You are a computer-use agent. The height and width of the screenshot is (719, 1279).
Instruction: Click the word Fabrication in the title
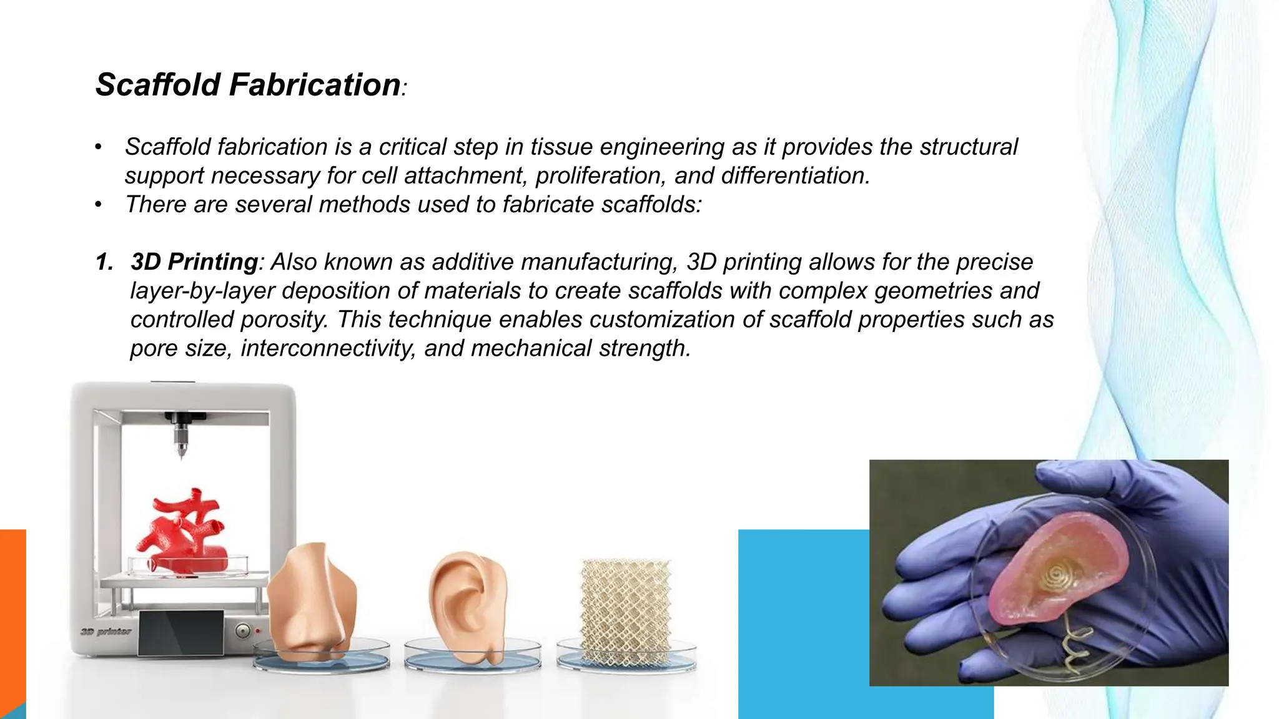[315, 85]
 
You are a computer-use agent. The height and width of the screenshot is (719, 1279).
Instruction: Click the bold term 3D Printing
[194, 262]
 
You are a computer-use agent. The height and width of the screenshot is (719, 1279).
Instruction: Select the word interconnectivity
[328, 348]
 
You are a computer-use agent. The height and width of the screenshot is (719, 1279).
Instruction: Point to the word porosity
[284, 320]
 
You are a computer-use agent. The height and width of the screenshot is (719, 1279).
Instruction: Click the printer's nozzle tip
[182, 456]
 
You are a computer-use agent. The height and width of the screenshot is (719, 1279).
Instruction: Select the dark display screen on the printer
[180, 632]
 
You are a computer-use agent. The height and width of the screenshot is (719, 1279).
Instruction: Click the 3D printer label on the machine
[106, 632]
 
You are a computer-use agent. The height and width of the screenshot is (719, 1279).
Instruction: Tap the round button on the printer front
[244, 631]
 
